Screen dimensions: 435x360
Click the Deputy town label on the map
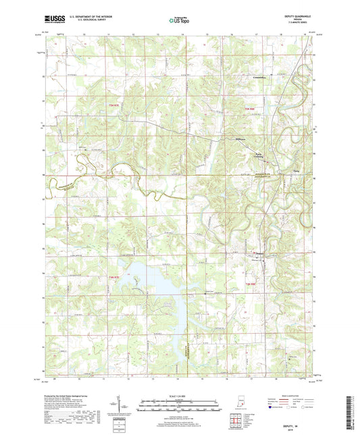[x=259, y=255]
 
